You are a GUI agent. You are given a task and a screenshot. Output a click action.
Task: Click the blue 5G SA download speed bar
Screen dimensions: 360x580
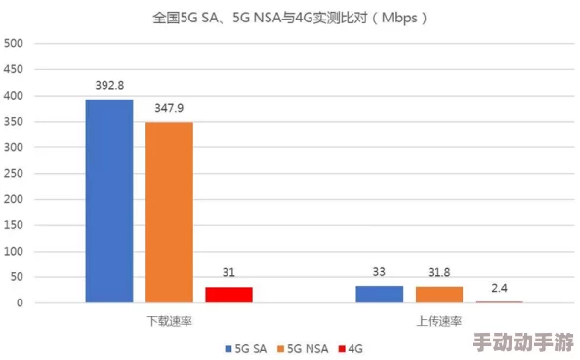pyautogui.click(x=109, y=200)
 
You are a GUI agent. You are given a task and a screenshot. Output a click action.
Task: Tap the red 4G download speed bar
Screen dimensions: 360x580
pyautogui.click(x=228, y=294)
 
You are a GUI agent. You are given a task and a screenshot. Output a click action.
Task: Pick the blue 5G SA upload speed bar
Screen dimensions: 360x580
pyautogui.click(x=379, y=294)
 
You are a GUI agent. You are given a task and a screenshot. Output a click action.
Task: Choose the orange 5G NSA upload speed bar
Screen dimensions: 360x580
pyautogui.click(x=438, y=294)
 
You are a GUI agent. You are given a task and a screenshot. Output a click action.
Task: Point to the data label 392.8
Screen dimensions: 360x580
pyautogui.click(x=109, y=86)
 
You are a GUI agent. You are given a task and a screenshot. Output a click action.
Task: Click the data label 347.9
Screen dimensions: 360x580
pyautogui.click(x=169, y=108)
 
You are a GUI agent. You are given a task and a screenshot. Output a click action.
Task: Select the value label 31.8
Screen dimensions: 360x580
pyautogui.click(x=438, y=272)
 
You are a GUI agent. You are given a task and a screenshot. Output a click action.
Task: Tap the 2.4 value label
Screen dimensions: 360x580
pyautogui.click(x=499, y=288)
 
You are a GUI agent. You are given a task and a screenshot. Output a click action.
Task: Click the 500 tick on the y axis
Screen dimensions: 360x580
pyautogui.click(x=15, y=44)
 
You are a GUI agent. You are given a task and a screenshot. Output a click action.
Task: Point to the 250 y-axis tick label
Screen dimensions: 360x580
pyautogui.click(x=15, y=174)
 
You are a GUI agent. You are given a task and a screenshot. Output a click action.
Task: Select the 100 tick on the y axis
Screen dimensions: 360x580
pyautogui.click(x=15, y=251)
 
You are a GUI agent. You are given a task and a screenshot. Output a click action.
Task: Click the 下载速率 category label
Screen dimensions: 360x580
pyautogui.click(x=168, y=321)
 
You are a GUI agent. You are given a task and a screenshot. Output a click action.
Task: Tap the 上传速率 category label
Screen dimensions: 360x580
pyautogui.click(x=439, y=321)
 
